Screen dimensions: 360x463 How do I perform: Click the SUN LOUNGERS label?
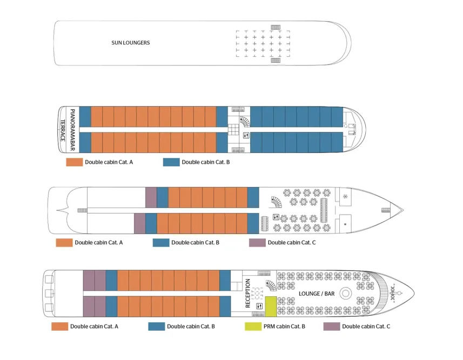click(x=131, y=43)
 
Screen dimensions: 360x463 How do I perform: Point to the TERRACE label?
click(x=63, y=130)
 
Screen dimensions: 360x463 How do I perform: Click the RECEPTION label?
click(x=248, y=293)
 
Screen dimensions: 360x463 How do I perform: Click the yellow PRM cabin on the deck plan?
click(x=270, y=306)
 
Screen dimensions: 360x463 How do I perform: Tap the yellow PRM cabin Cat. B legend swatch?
click(x=253, y=326)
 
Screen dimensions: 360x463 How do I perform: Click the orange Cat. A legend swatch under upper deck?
click(x=74, y=162)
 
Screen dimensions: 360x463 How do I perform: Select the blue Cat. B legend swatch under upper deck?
click(x=171, y=162)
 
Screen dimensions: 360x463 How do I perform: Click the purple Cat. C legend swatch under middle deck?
click(x=257, y=243)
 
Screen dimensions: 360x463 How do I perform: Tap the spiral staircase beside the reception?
click(x=270, y=286)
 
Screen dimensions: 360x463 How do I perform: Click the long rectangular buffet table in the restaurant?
click(x=324, y=209)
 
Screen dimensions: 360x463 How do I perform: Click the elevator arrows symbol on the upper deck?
click(x=246, y=135)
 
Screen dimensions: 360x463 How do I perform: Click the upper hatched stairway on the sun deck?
click(x=276, y=27)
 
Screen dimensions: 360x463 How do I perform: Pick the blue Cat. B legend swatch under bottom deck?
click(x=157, y=326)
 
